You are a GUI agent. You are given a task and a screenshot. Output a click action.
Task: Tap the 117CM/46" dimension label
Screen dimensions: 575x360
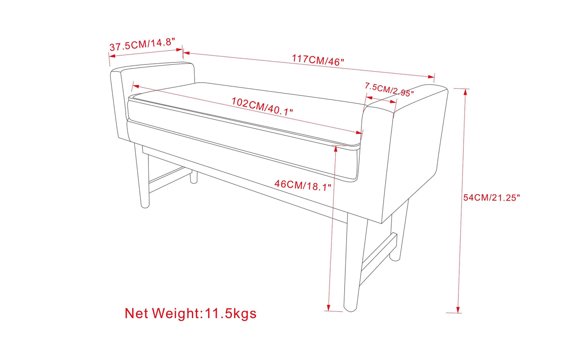click(x=318, y=60)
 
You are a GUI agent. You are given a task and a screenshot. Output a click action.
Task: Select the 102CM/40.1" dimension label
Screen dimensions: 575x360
click(x=262, y=106)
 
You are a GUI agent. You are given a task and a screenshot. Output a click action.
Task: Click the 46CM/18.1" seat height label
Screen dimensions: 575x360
click(x=303, y=185)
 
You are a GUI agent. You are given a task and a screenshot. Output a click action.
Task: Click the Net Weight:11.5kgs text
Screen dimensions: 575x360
click(x=191, y=313)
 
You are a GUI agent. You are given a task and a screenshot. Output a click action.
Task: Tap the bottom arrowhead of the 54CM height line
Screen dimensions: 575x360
click(x=458, y=309)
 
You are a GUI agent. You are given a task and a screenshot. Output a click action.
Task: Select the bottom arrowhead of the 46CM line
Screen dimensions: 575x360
click(x=329, y=307)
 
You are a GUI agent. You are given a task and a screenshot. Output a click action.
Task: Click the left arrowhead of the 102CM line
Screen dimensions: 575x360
click(x=136, y=86)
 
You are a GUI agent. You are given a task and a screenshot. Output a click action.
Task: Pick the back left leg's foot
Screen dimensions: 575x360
click(x=194, y=180)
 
